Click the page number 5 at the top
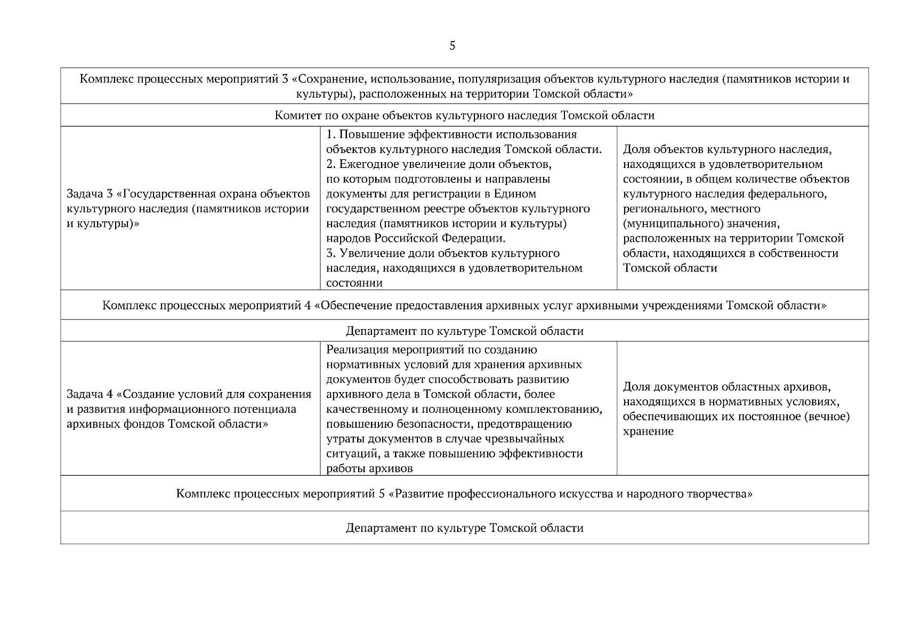[452, 46]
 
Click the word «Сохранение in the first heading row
[327, 79]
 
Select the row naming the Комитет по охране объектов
[464, 115]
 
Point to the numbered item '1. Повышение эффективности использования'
[451, 134]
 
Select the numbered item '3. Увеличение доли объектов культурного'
[443, 253]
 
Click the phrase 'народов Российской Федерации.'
[416, 238]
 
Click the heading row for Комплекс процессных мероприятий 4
[464, 305]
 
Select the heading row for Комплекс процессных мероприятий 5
[464, 493]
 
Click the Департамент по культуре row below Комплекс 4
[464, 331]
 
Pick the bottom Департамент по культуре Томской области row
[464, 527]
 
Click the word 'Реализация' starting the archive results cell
[357, 350]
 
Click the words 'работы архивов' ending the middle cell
[369, 469]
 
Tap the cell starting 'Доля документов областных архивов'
[736, 409]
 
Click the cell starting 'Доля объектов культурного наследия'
[736, 208]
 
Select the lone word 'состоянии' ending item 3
[354, 283]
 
